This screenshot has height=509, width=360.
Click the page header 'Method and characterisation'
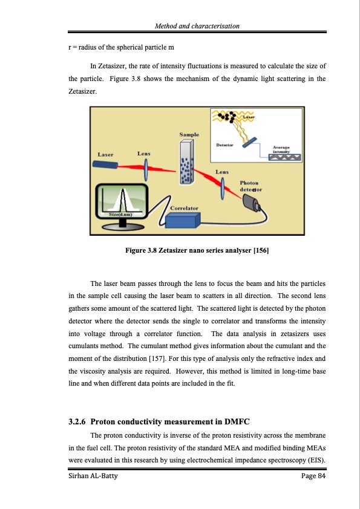click(x=197, y=26)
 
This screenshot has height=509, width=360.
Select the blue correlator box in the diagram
click(x=188, y=221)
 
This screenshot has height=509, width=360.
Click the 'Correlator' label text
click(x=185, y=208)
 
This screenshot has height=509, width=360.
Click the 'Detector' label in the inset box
click(x=225, y=145)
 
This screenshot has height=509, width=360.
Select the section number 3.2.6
click(x=77, y=421)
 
